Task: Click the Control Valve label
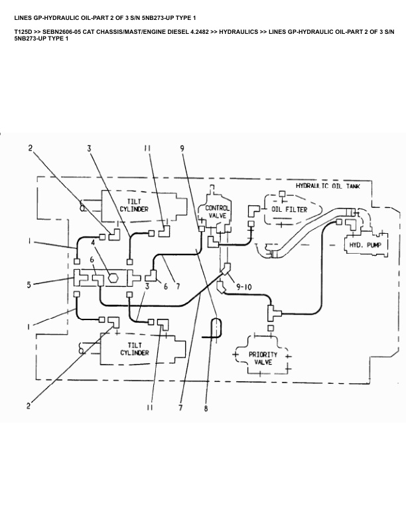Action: coord(218,212)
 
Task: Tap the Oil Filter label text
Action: coord(289,209)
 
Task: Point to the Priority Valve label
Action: coord(263,358)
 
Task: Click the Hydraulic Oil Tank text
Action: coord(328,187)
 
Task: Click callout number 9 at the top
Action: coord(181,149)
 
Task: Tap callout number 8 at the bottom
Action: coord(206,409)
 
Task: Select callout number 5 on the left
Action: coord(29,286)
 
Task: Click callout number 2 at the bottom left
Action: coord(28,406)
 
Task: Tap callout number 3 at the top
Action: coord(89,149)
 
